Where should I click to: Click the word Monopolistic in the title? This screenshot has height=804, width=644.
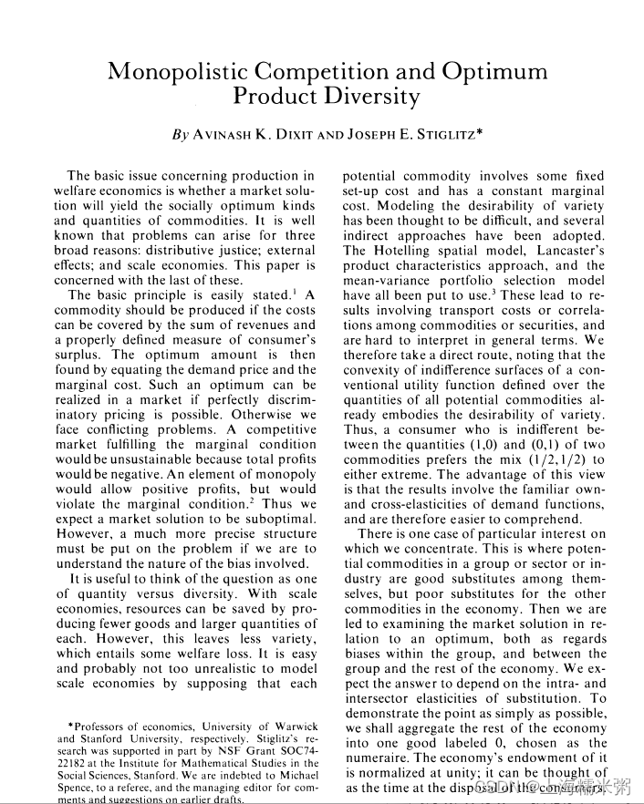(177, 72)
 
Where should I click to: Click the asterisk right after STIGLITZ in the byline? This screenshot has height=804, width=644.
(479, 133)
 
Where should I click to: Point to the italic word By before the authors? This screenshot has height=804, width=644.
(180, 135)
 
